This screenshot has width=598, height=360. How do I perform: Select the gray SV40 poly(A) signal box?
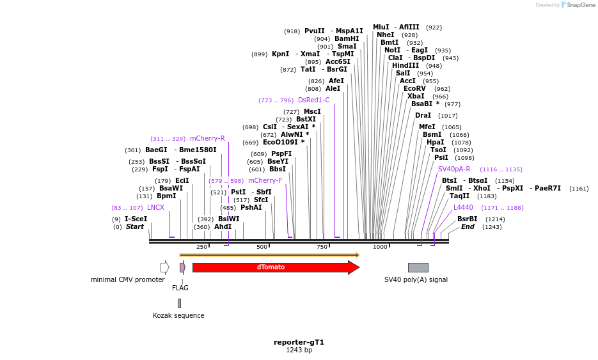(x=418, y=267)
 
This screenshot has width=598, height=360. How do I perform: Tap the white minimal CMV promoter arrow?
(x=164, y=267)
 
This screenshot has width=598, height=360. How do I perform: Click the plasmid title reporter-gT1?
(x=299, y=342)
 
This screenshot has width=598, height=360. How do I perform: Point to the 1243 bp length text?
(x=299, y=350)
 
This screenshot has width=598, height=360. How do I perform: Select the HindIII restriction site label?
(x=405, y=66)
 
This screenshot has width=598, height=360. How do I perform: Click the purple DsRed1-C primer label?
(x=313, y=100)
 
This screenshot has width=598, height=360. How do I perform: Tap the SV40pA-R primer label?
(x=454, y=169)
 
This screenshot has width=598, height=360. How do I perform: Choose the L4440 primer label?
(x=463, y=208)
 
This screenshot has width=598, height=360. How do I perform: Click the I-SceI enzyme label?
(x=136, y=219)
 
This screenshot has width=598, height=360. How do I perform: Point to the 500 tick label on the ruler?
(x=262, y=247)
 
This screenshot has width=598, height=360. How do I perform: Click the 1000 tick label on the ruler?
(x=380, y=247)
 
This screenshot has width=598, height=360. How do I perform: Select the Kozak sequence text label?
(x=178, y=315)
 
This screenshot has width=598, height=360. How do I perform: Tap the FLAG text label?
(x=180, y=288)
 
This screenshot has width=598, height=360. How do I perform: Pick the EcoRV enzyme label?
(x=414, y=89)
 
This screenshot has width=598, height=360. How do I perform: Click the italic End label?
(x=468, y=227)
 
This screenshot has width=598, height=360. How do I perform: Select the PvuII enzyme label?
(x=314, y=31)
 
